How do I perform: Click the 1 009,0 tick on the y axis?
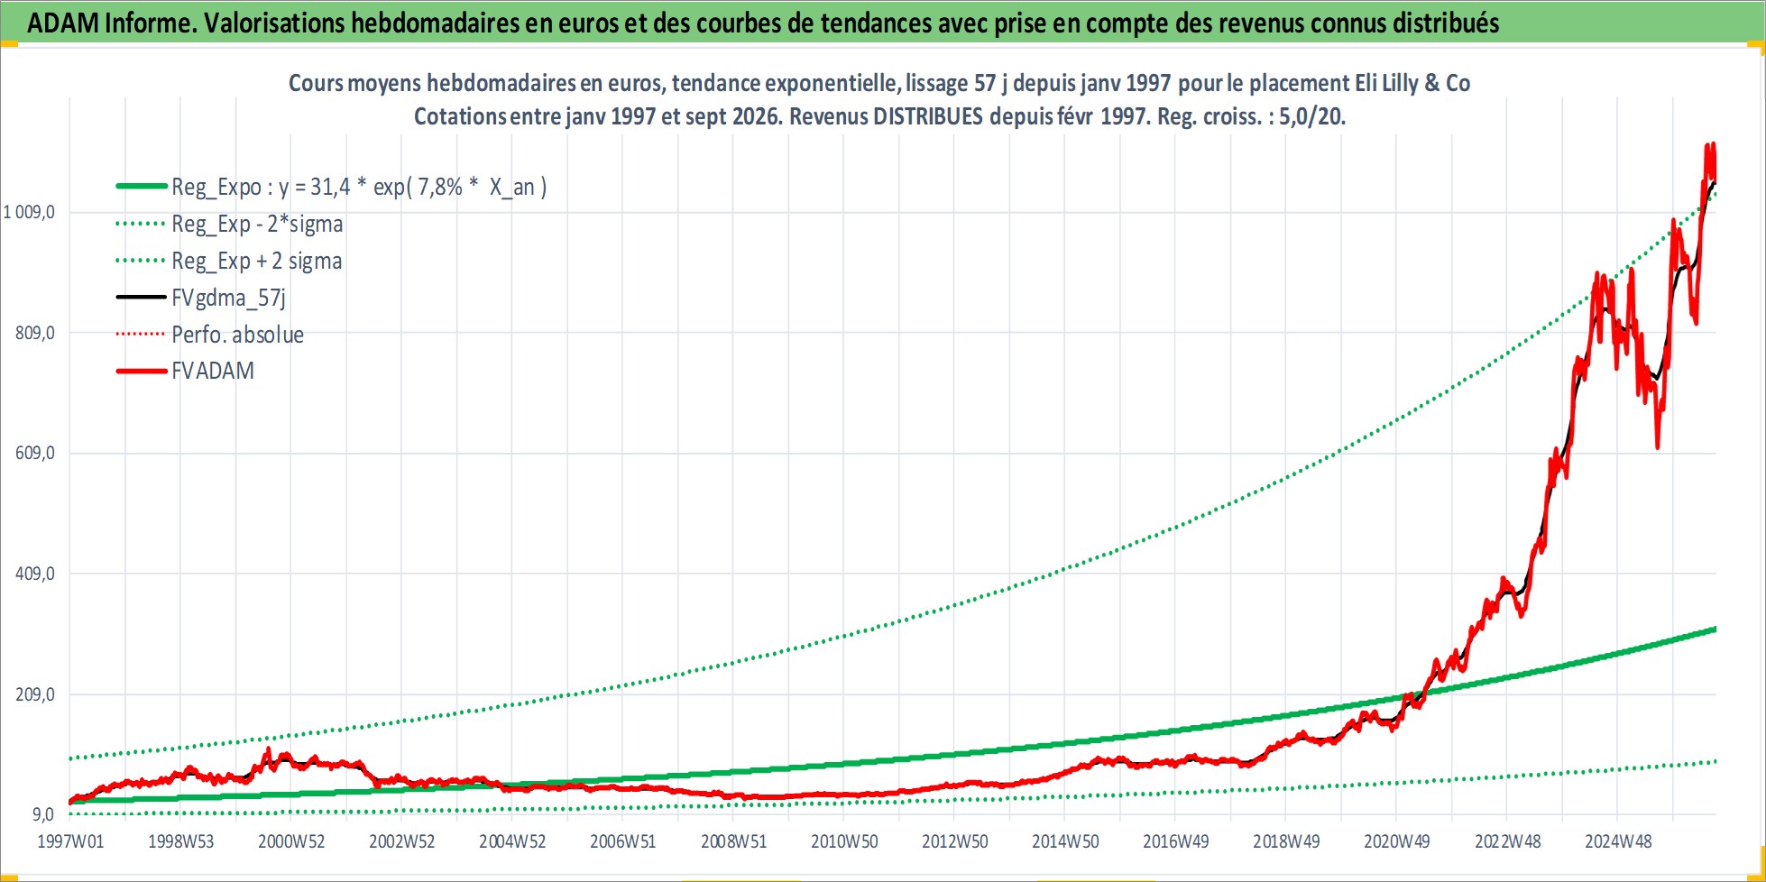pyautogui.click(x=29, y=213)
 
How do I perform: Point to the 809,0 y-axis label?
pyautogui.click(x=35, y=333)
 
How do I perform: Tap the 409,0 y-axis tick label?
pyautogui.click(x=35, y=574)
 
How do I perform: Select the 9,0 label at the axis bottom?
pyautogui.click(x=44, y=814)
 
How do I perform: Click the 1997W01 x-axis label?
pyautogui.click(x=70, y=841)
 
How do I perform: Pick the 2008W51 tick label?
pyautogui.click(x=733, y=841)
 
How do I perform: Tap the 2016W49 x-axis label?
pyautogui.click(x=1176, y=841)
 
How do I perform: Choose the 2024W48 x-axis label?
pyautogui.click(x=1618, y=841)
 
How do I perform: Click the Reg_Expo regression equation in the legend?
pyautogui.click(x=359, y=187)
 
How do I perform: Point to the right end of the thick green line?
pyautogui.click(x=1715, y=629)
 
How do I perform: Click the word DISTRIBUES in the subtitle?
pyautogui.click(x=928, y=117)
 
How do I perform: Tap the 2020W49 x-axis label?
pyautogui.click(x=1397, y=841)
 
